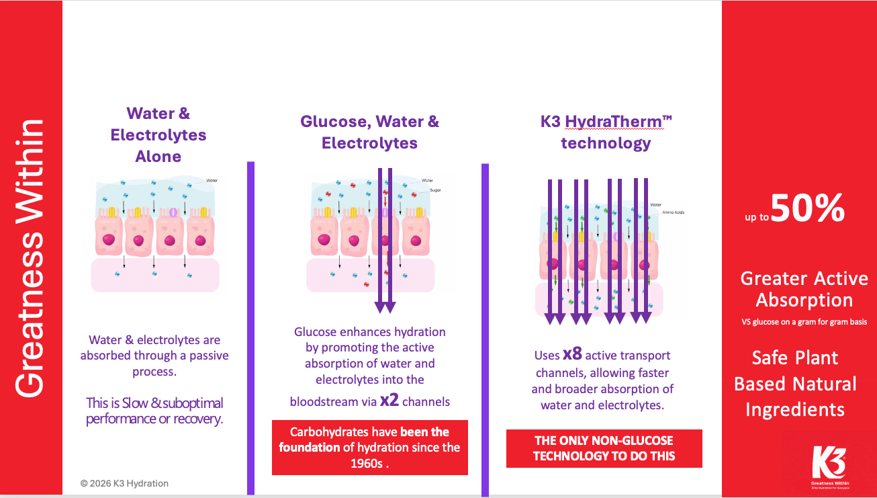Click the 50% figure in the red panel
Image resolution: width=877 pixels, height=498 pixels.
[808, 208]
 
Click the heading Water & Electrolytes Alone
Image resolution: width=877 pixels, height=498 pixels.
[158, 135]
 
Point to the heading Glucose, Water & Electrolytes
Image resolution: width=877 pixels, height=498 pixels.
[369, 132]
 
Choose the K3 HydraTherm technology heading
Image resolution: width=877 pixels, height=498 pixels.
[606, 132]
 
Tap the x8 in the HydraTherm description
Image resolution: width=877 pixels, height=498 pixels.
[572, 354]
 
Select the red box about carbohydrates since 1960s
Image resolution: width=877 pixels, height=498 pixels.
[369, 448]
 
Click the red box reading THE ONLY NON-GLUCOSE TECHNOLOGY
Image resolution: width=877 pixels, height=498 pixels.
[604, 448]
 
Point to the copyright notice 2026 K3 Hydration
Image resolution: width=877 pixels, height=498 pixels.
[124, 483]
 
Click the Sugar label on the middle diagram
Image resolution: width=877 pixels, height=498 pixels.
[435, 190]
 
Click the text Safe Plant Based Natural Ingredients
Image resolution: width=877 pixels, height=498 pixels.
[795, 383]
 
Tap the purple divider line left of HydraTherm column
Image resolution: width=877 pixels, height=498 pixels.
[485, 329]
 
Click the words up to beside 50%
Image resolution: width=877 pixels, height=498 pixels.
[756, 217]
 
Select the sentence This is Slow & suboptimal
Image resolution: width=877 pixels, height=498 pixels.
[154, 411]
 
